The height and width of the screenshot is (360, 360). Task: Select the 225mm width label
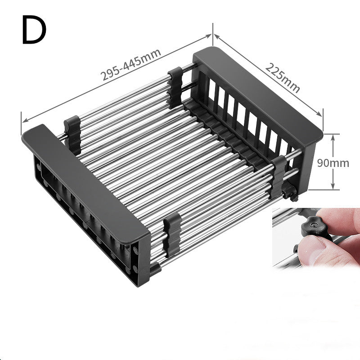tap(282, 77)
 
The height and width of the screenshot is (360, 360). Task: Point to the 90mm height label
tap(333, 162)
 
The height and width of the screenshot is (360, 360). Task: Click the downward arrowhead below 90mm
tap(333, 186)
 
